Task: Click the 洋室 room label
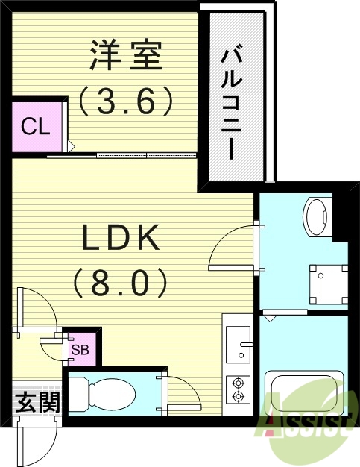pyautogui.click(x=126, y=57)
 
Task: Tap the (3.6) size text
pyautogui.click(x=127, y=100)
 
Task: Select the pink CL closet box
pyautogui.click(x=35, y=126)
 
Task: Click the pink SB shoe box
pyautogui.click(x=81, y=348)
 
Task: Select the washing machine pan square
pyautogui.click(x=328, y=286)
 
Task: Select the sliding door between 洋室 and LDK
pyautogui.click(x=123, y=155)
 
